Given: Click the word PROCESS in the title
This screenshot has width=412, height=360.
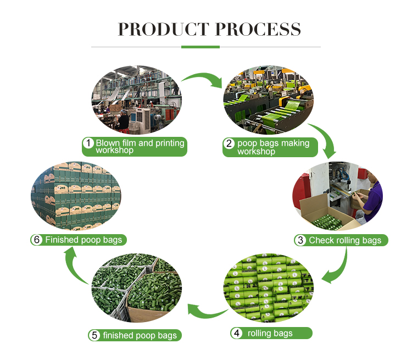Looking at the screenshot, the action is (x=258, y=29).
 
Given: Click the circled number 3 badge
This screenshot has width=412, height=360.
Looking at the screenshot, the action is (x=300, y=240).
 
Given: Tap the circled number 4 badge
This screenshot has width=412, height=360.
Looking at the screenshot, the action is (x=236, y=333).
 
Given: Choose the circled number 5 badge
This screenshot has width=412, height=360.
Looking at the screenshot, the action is (x=94, y=335).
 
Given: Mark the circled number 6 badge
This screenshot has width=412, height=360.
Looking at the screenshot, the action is (x=37, y=240).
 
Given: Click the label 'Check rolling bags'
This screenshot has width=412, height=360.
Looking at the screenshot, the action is (x=345, y=240).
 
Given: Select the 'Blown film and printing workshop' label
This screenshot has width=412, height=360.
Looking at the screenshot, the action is (x=140, y=147).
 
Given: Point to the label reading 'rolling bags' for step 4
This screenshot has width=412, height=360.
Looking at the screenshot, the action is (x=270, y=333).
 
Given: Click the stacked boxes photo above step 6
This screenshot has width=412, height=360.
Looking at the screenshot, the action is (x=76, y=195).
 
